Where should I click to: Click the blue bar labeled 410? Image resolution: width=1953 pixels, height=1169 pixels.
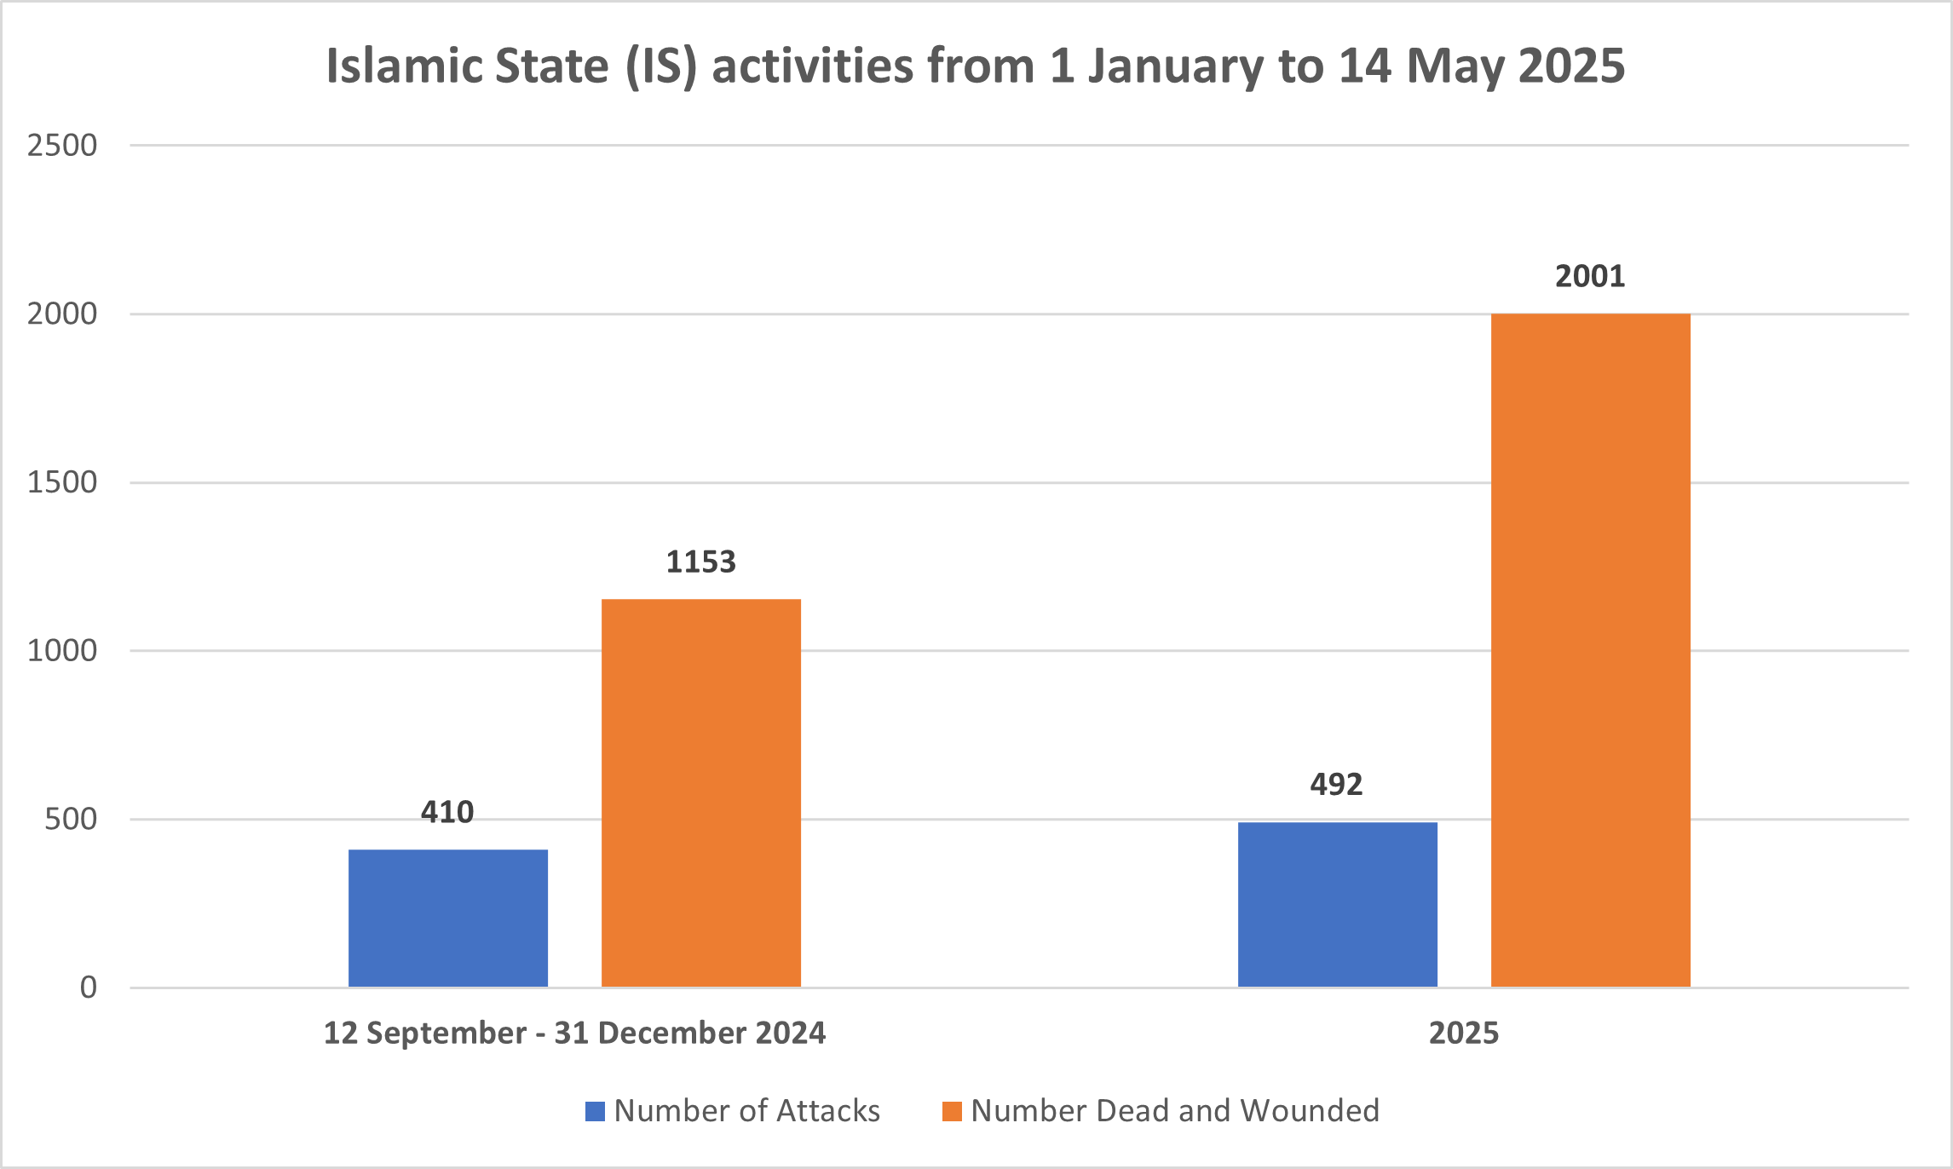[x=447, y=918]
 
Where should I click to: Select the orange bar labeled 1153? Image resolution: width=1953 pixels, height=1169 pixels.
[x=700, y=792]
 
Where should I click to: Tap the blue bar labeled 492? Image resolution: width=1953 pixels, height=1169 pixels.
[x=1337, y=904]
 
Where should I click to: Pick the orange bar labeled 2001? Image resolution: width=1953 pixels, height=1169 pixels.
[x=1590, y=650]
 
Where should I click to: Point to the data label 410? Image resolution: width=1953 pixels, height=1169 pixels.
[x=447, y=812]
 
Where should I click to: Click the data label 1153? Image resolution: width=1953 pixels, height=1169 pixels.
[x=700, y=562]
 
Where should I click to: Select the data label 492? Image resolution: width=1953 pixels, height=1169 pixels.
[x=1336, y=784]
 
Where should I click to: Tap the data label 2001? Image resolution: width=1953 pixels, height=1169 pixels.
[x=1590, y=276]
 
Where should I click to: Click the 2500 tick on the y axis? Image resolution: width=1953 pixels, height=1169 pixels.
[x=62, y=146]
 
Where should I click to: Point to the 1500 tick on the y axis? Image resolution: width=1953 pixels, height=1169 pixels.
[x=62, y=483]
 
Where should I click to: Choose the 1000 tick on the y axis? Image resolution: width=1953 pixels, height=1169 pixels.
[x=62, y=651]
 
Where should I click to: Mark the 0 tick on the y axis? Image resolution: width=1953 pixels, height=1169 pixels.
[x=89, y=988]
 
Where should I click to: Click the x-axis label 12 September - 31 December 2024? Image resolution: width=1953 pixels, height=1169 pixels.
[x=574, y=1034]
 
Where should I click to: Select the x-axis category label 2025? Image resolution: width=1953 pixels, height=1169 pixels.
[x=1463, y=1034]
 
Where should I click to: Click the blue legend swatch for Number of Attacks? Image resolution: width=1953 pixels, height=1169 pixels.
[x=595, y=1111]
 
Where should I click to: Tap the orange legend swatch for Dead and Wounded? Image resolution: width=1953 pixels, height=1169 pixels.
[x=952, y=1111]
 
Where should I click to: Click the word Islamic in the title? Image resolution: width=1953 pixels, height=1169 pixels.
[x=403, y=66]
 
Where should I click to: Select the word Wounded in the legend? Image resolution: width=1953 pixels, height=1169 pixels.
[x=1310, y=1111]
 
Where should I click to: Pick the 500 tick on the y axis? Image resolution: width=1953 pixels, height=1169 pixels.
[x=71, y=820]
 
